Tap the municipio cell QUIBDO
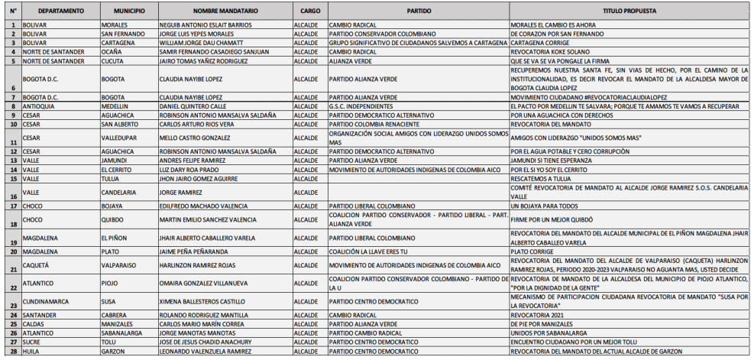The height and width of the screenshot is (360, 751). click(x=113, y=219)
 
